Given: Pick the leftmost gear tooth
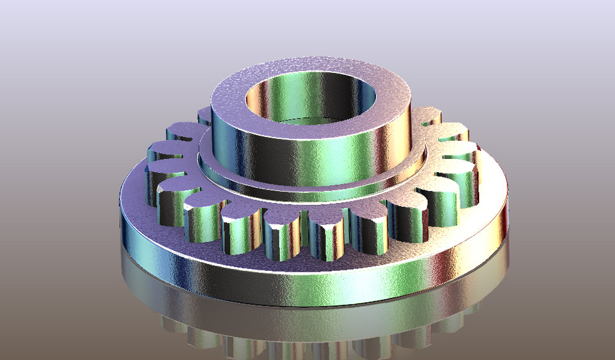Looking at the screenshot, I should tap(160, 154).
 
